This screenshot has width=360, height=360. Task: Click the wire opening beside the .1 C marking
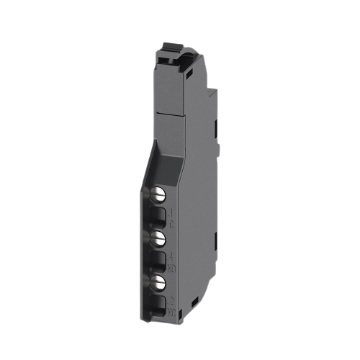coord(158,215)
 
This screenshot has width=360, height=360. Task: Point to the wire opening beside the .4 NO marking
coord(158,258)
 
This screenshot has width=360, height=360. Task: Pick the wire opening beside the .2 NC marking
coord(158,302)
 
